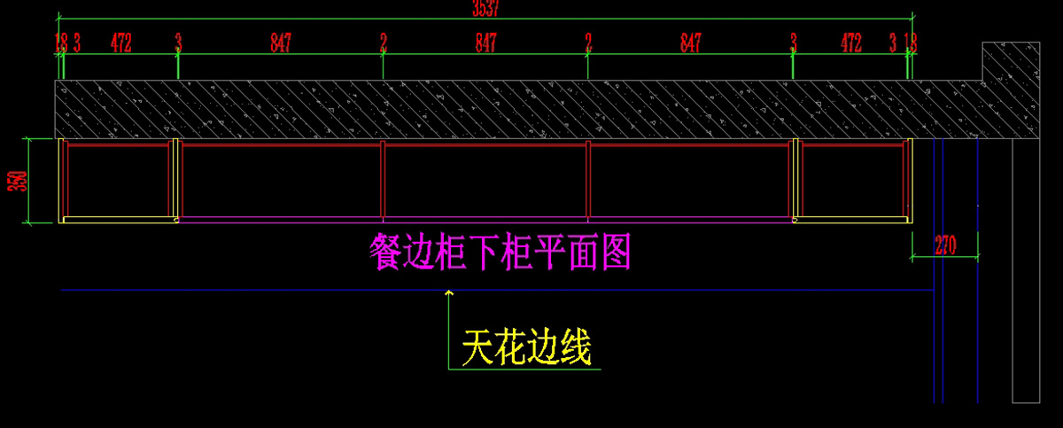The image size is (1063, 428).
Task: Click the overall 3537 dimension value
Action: pos(485,9)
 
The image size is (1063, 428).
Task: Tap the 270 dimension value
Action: pos(944,245)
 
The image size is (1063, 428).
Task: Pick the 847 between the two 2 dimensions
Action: pos(485,43)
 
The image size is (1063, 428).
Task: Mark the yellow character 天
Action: pos(477,347)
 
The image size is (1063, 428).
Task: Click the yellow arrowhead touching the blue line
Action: pos(449,292)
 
